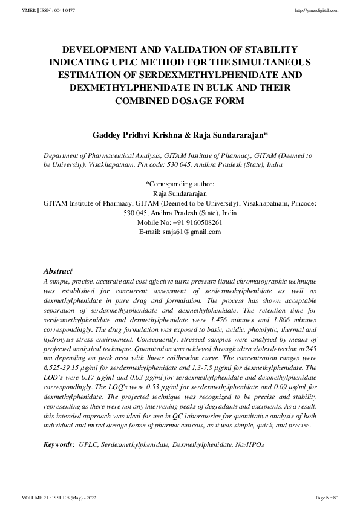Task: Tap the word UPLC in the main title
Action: coord(134,62)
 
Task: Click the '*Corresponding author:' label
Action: coord(180,184)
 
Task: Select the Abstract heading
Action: coord(58,272)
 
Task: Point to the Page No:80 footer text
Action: coord(327,498)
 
